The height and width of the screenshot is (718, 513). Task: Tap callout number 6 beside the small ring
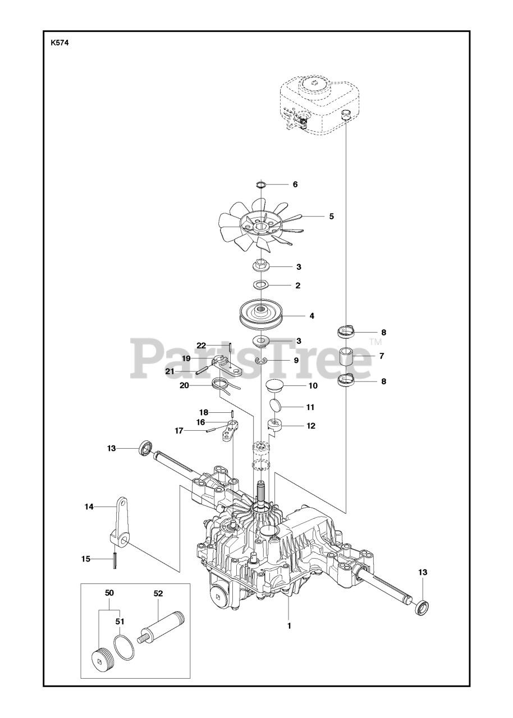(295, 184)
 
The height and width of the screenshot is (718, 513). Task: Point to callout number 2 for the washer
(297, 286)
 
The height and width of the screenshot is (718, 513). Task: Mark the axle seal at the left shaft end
(145, 447)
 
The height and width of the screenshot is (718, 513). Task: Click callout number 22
(201, 345)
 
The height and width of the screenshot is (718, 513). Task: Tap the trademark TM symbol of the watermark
(375, 342)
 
